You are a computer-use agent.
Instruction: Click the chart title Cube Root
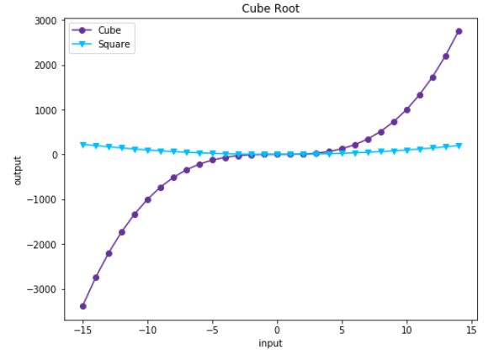click(x=277, y=8)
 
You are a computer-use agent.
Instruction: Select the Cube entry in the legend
click(x=109, y=30)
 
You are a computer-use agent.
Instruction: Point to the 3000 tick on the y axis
click(x=45, y=21)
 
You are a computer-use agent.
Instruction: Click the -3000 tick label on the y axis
click(x=42, y=289)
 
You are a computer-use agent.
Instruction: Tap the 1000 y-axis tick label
click(x=45, y=110)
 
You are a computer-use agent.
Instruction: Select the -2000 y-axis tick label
click(x=42, y=245)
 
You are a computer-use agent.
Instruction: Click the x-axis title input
click(x=277, y=343)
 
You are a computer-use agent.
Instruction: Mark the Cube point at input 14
click(x=459, y=31)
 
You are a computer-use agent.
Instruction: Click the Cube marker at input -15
click(x=83, y=306)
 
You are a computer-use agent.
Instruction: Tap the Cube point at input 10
click(x=406, y=110)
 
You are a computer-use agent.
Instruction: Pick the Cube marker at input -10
click(x=148, y=199)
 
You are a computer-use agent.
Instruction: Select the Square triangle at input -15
click(x=83, y=145)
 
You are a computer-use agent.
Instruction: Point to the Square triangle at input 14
click(x=459, y=146)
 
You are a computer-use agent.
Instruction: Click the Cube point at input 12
click(x=432, y=77)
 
